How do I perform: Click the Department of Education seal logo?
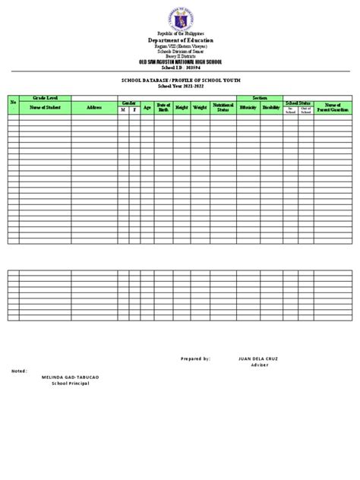coord(180,16)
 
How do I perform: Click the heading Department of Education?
coord(180,39)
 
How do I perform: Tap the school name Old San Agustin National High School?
coord(180,58)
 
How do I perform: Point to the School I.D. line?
coord(180,65)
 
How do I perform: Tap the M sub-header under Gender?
coord(122,111)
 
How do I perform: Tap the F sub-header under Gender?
coord(134,111)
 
